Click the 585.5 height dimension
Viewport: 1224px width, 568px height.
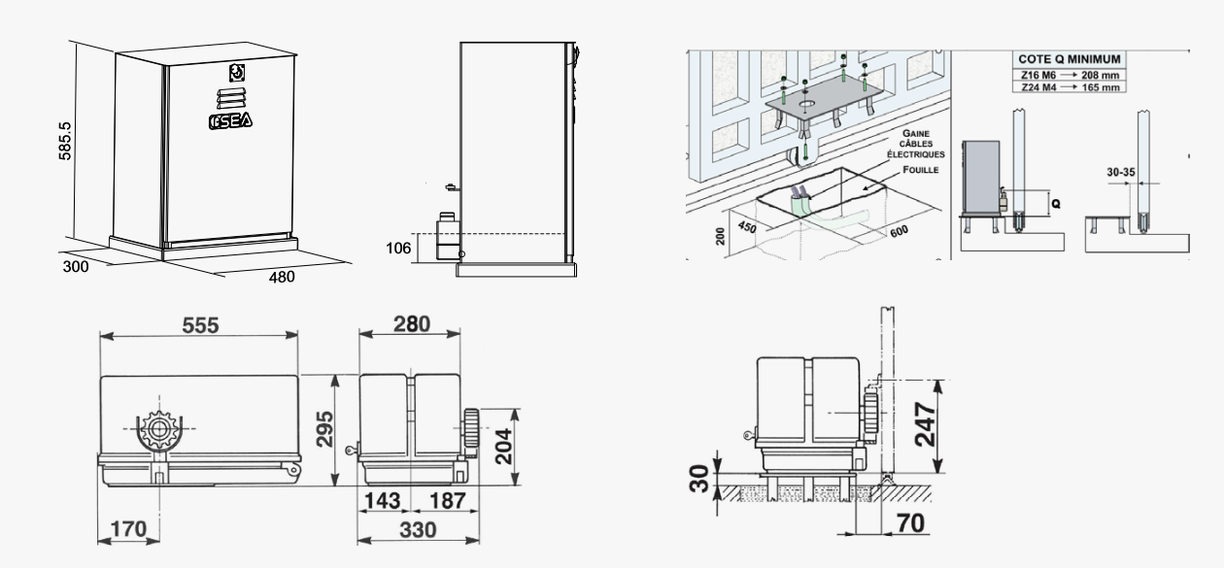click(x=64, y=141)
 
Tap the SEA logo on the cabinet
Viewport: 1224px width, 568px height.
click(x=230, y=120)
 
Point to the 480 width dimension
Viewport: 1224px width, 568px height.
click(x=282, y=277)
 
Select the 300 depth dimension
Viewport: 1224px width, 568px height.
click(x=76, y=266)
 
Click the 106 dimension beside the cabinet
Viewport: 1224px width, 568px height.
click(x=398, y=249)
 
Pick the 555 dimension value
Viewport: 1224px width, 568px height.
click(x=200, y=325)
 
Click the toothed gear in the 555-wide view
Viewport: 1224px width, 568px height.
click(x=159, y=429)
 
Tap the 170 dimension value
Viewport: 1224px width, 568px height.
click(x=128, y=528)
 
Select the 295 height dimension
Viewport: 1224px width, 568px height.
click(x=324, y=429)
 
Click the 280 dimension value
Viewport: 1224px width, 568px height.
click(x=412, y=324)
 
